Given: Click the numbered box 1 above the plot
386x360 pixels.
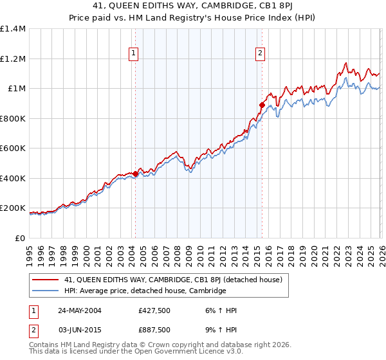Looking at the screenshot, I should pyautogui.click(x=134, y=53).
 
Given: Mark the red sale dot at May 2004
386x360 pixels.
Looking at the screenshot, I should pyautogui.click(x=136, y=174).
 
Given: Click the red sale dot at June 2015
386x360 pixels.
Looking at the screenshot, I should pyautogui.click(x=262, y=105).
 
